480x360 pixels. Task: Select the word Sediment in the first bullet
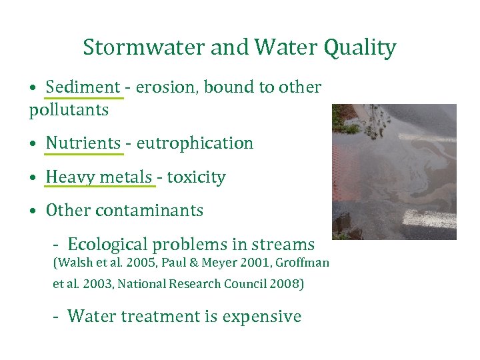[x=83, y=87]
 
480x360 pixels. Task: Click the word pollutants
[x=69, y=110]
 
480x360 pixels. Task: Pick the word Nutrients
[x=83, y=143]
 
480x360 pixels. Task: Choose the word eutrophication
[x=195, y=143]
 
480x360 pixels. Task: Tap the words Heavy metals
[x=99, y=177]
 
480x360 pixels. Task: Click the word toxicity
[x=196, y=177]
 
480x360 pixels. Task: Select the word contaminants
[x=149, y=211]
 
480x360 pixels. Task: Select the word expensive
[x=261, y=316]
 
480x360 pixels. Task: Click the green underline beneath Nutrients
[x=84, y=154]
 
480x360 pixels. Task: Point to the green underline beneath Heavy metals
[x=99, y=187]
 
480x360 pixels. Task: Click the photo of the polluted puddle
[x=394, y=171]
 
